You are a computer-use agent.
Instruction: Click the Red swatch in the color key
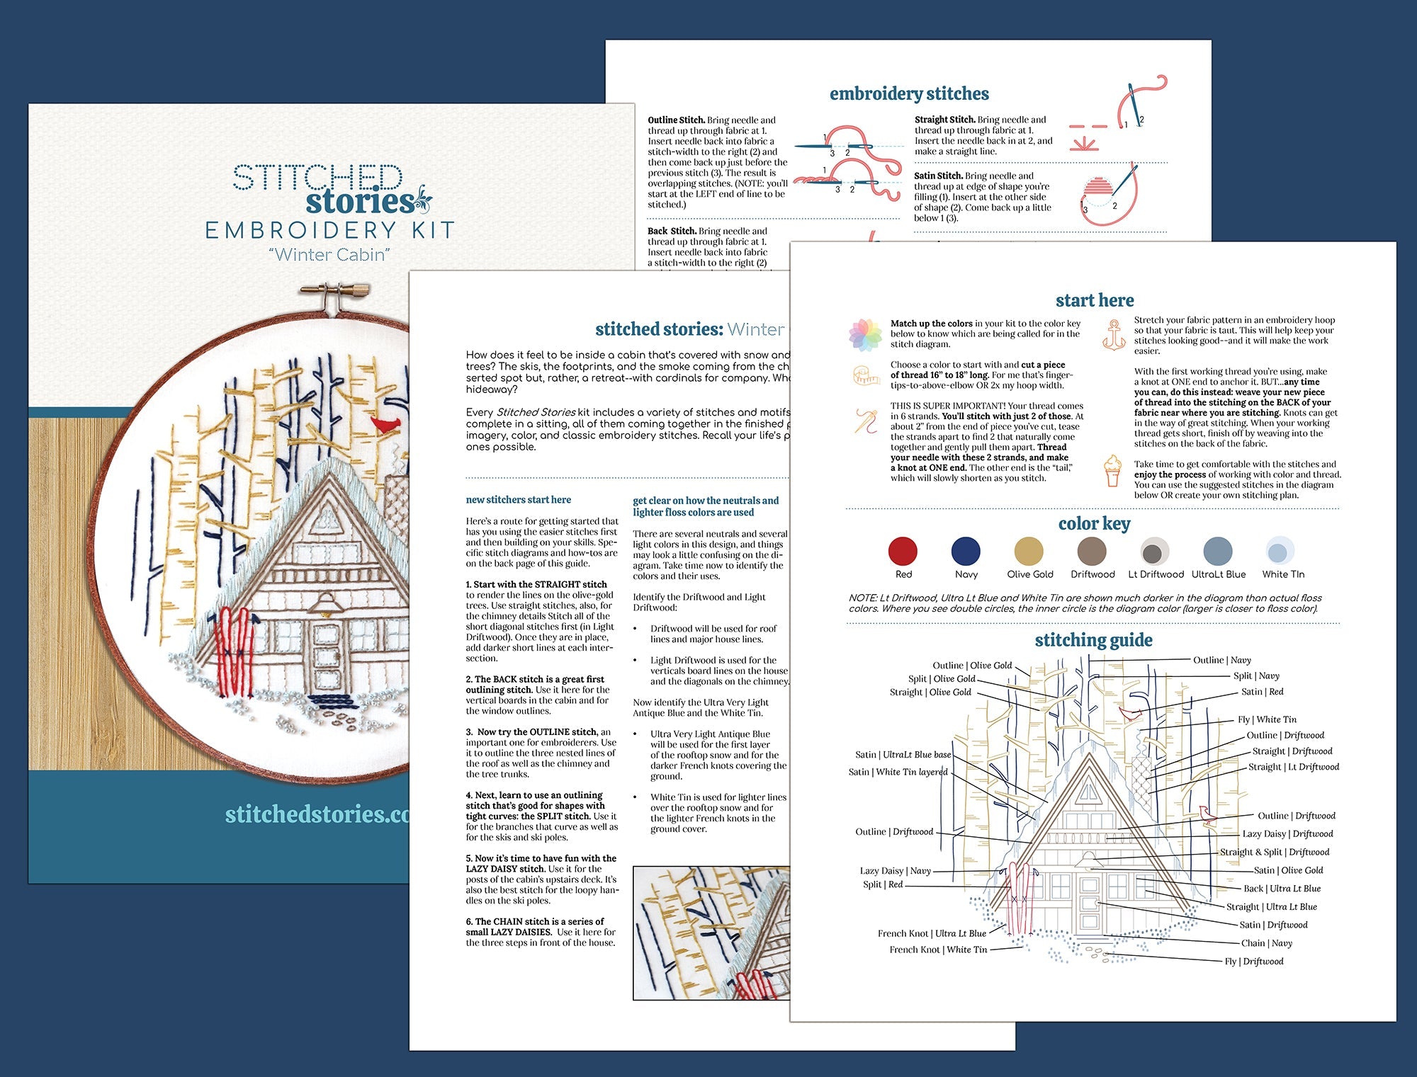pos(903,551)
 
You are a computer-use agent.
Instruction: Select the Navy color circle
pos(966,551)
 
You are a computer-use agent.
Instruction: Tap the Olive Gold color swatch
pos(1029,551)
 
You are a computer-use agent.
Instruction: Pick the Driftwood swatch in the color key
pos(1092,551)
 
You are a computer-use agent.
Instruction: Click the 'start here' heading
pos(1095,300)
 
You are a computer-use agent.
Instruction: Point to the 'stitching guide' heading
pos(1093,640)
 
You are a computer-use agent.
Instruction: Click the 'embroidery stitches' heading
pos(909,93)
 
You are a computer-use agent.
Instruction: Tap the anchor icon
pos(1114,335)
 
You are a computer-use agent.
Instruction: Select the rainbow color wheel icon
pos(865,335)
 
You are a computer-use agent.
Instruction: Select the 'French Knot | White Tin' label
pos(938,950)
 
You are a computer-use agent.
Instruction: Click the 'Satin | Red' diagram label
pos(1262,692)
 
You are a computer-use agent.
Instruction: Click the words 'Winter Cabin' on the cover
pos(330,254)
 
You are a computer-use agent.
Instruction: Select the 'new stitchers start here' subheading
pos(518,500)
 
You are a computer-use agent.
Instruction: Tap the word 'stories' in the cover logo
pos(360,202)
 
